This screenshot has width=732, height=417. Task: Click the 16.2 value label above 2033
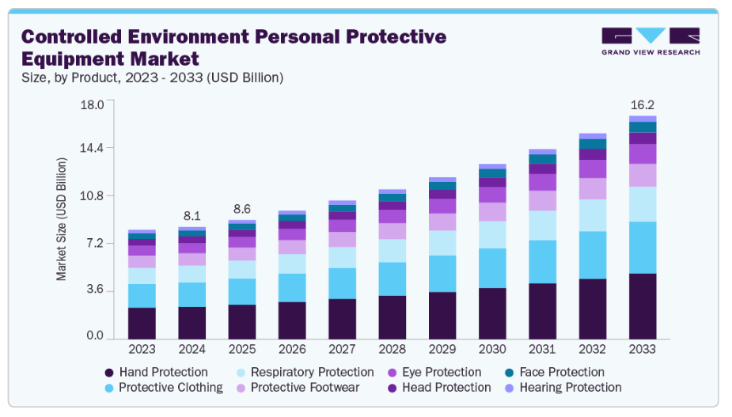click(x=642, y=104)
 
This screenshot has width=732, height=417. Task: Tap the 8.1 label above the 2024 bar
click(x=192, y=215)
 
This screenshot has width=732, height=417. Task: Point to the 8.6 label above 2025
click(x=242, y=209)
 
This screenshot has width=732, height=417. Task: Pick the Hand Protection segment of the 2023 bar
click(x=142, y=322)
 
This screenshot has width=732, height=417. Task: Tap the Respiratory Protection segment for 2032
click(x=593, y=215)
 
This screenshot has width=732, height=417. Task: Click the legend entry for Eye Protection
click(x=439, y=372)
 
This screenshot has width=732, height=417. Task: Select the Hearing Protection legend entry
click(x=570, y=388)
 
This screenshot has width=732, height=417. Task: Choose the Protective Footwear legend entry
click(x=305, y=388)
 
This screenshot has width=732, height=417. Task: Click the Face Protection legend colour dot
click(x=507, y=373)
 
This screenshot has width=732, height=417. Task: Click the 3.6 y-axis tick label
click(x=95, y=290)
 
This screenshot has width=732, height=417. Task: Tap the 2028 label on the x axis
click(x=393, y=348)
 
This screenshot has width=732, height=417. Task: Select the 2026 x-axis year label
click(x=292, y=348)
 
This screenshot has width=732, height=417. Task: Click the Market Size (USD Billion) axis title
click(x=62, y=219)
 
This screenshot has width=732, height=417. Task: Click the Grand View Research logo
click(x=650, y=41)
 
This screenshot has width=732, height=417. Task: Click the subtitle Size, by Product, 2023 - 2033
click(x=151, y=78)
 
